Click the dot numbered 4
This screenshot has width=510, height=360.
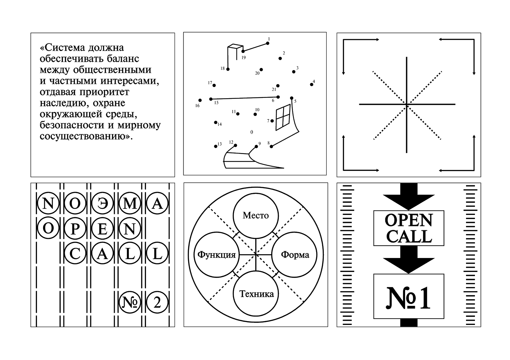point(311,84)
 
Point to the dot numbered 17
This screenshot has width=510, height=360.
point(214,85)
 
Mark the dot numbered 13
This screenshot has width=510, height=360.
point(215,146)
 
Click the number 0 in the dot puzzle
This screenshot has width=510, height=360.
point(251,132)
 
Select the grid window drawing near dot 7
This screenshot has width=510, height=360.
point(283,117)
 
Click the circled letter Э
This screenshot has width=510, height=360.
point(103,203)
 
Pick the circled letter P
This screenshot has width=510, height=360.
point(75,228)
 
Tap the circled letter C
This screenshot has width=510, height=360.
point(75,253)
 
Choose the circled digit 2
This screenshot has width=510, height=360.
point(157,303)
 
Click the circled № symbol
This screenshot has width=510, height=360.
point(130,303)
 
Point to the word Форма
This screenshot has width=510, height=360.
point(295,255)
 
